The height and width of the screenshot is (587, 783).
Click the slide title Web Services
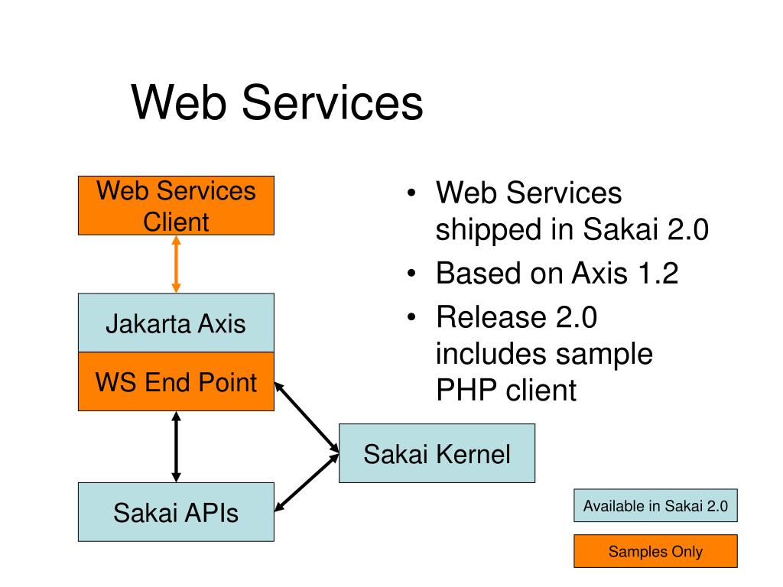[x=277, y=102]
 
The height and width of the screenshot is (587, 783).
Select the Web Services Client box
[x=177, y=206]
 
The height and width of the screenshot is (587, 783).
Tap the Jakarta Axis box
[x=177, y=323]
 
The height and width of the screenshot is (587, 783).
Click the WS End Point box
[x=177, y=381]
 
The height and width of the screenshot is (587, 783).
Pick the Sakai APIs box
[x=177, y=512]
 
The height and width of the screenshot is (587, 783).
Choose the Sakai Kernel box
[x=437, y=453]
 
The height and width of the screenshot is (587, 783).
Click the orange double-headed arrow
[x=177, y=264]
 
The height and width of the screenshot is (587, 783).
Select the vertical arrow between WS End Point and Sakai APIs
[x=177, y=446]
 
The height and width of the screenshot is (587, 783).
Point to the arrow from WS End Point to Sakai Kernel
[x=307, y=418]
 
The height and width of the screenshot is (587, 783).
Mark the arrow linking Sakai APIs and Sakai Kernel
[x=307, y=483]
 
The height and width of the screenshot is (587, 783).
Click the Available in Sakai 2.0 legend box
[x=655, y=506]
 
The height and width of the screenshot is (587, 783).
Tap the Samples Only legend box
[x=655, y=551]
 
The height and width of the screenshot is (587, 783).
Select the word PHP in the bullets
[x=466, y=390]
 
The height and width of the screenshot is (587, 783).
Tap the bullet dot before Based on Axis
[x=411, y=274]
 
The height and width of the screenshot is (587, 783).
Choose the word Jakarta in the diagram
[x=148, y=324]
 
